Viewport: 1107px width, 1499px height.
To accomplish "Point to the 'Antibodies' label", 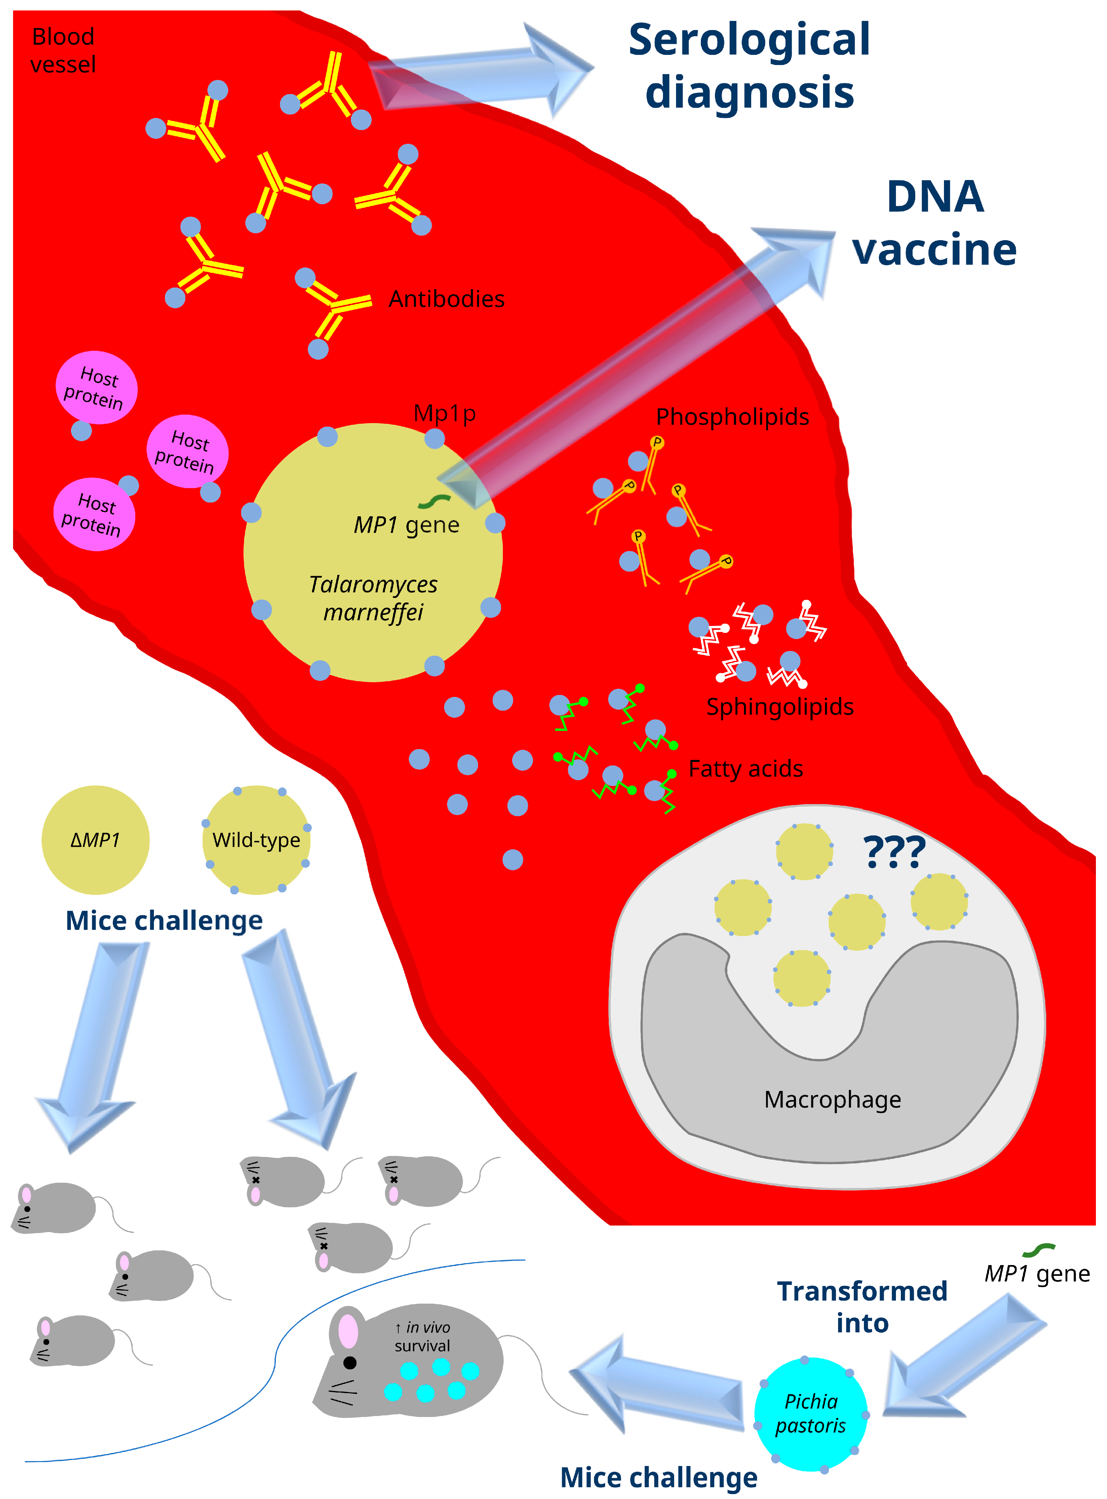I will tap(446, 299).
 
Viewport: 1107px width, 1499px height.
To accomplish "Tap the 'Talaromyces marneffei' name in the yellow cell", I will tap(373, 598).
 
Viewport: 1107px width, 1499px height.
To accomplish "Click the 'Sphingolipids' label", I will tap(779, 707).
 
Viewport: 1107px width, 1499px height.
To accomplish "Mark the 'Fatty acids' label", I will tap(745, 768).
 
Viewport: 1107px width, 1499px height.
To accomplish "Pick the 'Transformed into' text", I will tap(862, 1307).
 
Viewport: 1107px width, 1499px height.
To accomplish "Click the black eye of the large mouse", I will tap(350, 1362).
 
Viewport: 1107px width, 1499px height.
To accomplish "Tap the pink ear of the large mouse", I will tap(348, 1331).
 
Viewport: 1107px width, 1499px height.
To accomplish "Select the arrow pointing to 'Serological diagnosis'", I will tap(479, 70).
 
